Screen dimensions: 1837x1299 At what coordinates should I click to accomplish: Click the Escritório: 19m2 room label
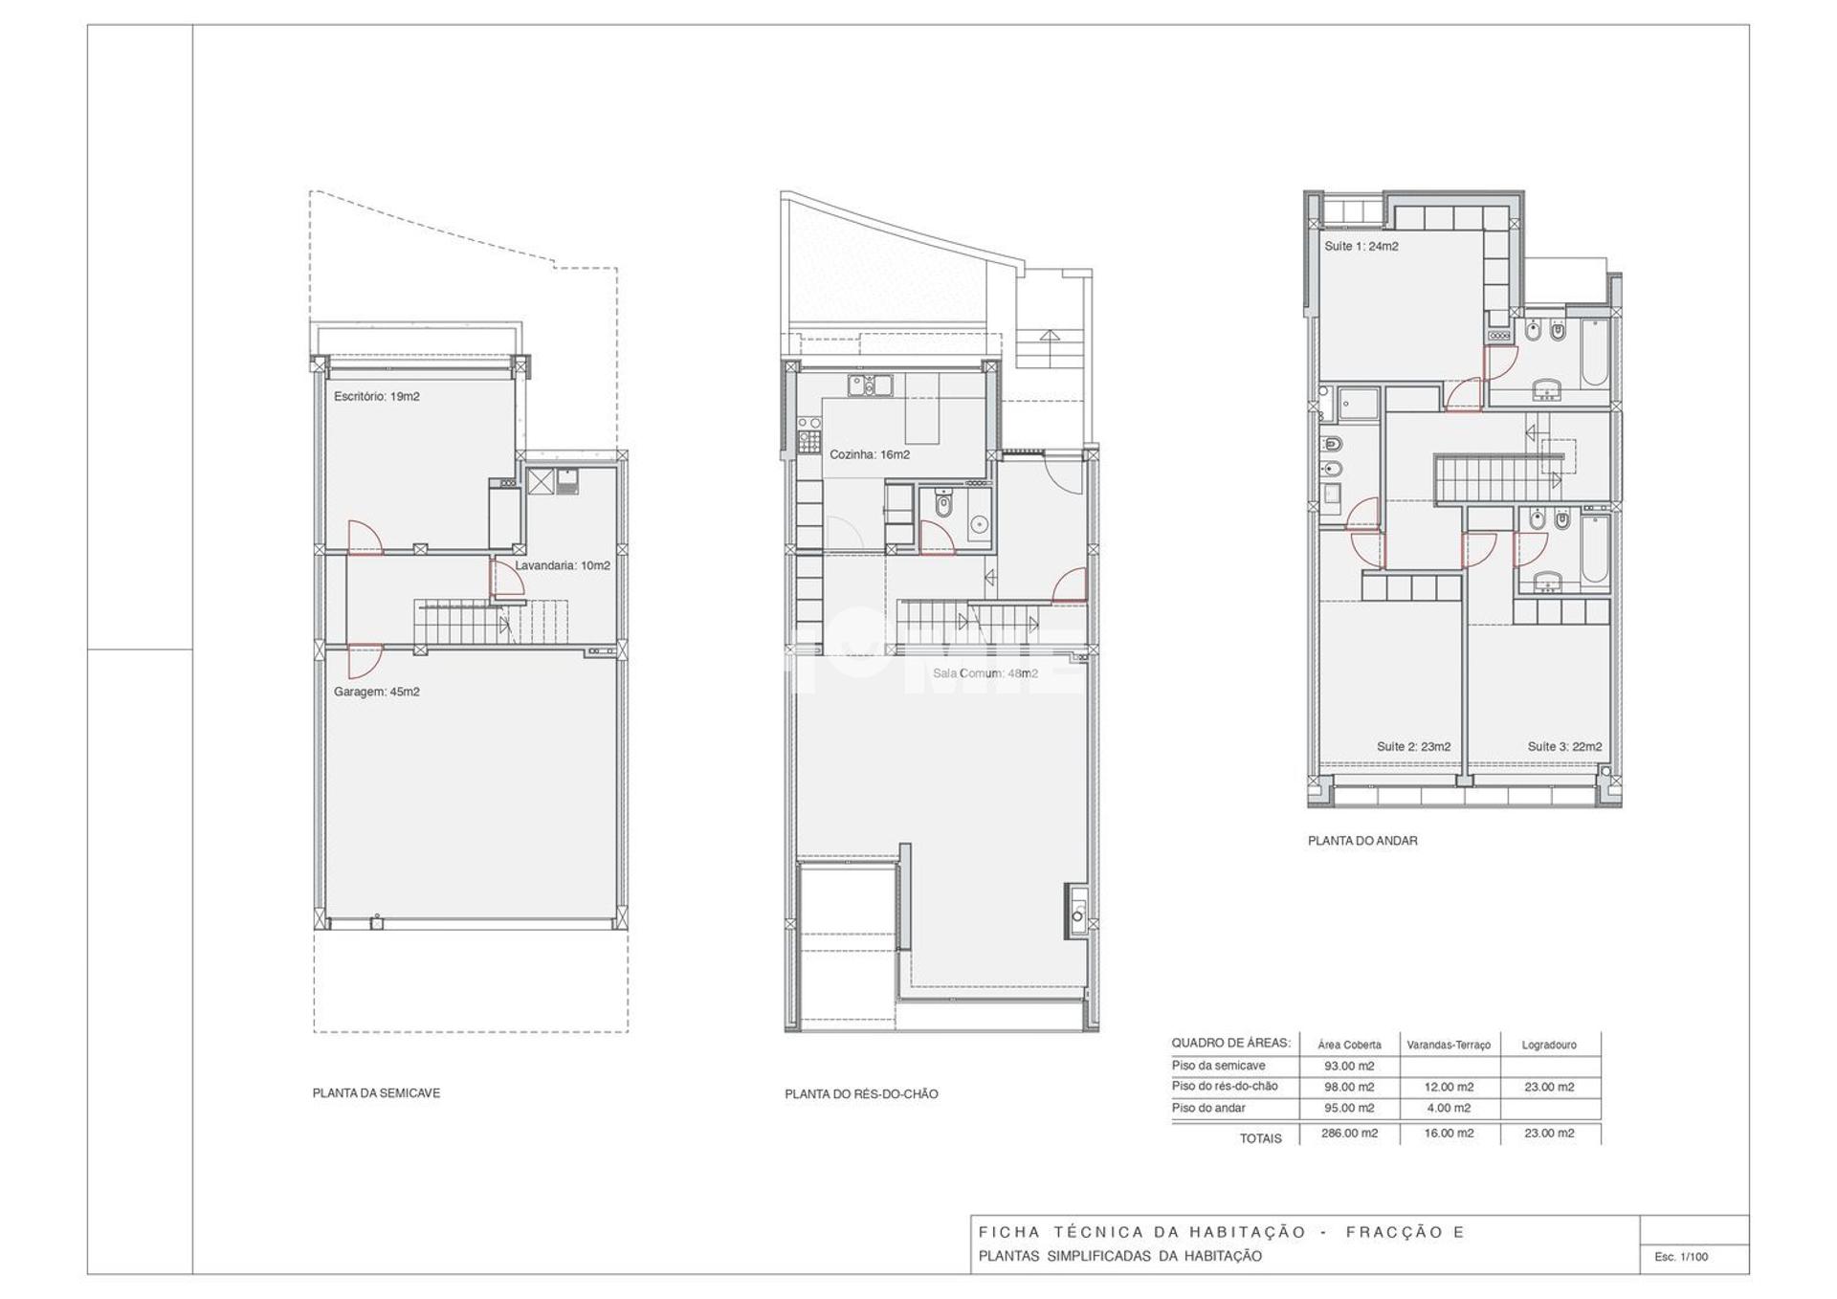coord(376,396)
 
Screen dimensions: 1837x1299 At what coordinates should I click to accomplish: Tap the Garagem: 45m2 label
coord(376,692)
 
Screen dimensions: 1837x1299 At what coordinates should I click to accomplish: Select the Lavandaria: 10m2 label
coord(563,565)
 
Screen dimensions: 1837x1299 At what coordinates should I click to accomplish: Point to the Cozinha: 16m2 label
coord(869,454)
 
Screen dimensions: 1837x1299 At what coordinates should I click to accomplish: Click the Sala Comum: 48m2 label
coord(985,673)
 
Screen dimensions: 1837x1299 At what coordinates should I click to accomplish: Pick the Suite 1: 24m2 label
coord(1361,246)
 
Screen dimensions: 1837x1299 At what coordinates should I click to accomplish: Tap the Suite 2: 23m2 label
coord(1413,746)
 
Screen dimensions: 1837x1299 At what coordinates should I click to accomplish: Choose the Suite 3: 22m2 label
coord(1564,746)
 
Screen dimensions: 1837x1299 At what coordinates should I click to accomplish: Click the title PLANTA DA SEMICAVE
coord(376,1092)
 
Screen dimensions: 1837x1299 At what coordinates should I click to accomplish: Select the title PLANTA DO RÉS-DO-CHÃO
coord(861,1093)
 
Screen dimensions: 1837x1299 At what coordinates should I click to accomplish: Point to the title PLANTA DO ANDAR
coord(1362,841)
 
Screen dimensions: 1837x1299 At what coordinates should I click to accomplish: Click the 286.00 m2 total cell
coord(1349,1133)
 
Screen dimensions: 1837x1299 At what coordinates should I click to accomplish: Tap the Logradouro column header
coord(1549,1045)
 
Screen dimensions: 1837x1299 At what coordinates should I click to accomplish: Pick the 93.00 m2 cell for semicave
coord(1349,1066)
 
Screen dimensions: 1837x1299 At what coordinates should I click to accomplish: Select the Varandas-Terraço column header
coord(1449,1045)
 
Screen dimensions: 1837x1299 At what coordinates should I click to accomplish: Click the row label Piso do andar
coord(1208,1108)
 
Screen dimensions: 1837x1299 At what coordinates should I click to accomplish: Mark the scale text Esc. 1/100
coord(1681,1256)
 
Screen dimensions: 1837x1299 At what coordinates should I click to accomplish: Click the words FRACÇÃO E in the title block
coord(1405,1232)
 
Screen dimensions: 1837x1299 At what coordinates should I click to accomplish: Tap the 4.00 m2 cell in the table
coord(1449,1108)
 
